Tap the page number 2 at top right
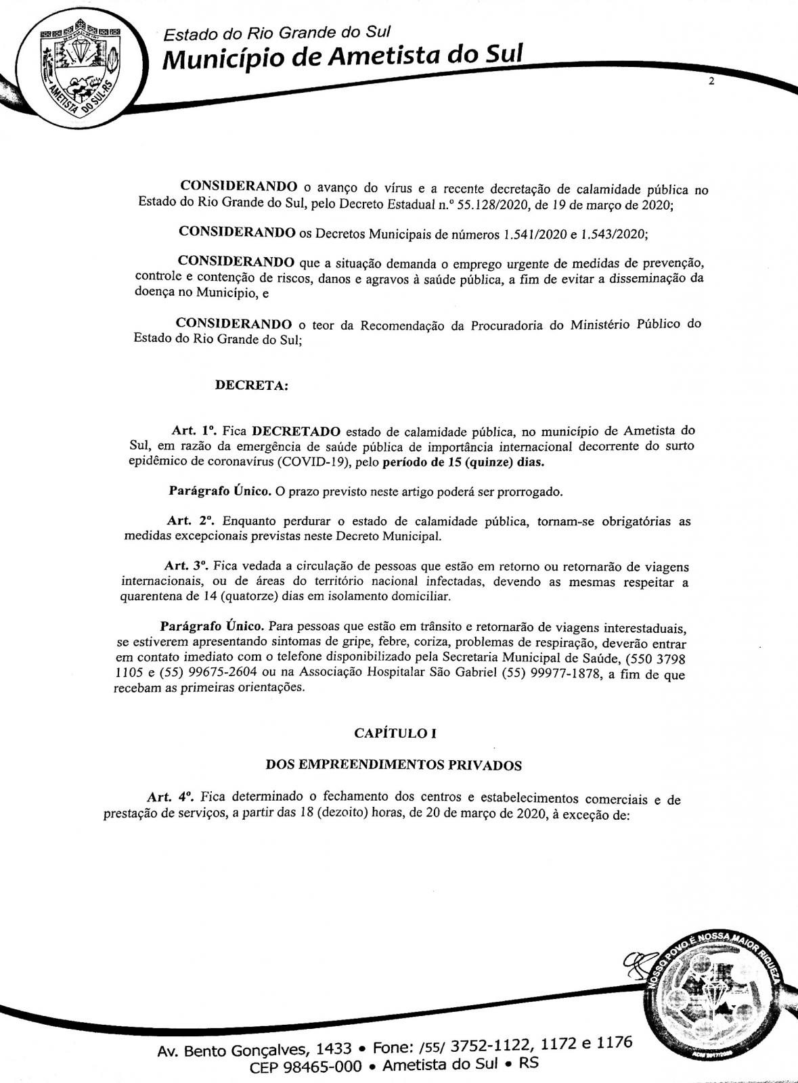(x=711, y=82)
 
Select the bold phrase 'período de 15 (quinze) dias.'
(x=464, y=463)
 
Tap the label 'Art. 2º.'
(x=190, y=522)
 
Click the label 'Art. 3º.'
(x=188, y=566)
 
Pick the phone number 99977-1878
(x=567, y=674)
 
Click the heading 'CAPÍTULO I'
(x=391, y=733)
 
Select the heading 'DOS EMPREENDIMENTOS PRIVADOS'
(x=393, y=766)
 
